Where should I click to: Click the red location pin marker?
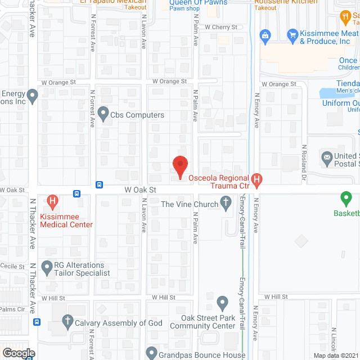179,166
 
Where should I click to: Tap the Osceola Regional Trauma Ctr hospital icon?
256,180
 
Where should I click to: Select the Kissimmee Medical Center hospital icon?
53,200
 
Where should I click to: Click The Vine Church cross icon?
226,204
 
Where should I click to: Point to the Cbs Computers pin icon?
103,115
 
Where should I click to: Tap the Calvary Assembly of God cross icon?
67,323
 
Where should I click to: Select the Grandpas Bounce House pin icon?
151,353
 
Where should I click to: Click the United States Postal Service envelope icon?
326,159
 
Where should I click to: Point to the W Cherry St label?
221,26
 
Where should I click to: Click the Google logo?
18,353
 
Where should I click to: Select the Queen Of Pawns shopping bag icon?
265,35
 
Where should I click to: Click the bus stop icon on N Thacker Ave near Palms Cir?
37,322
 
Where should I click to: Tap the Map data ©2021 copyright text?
335,355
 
